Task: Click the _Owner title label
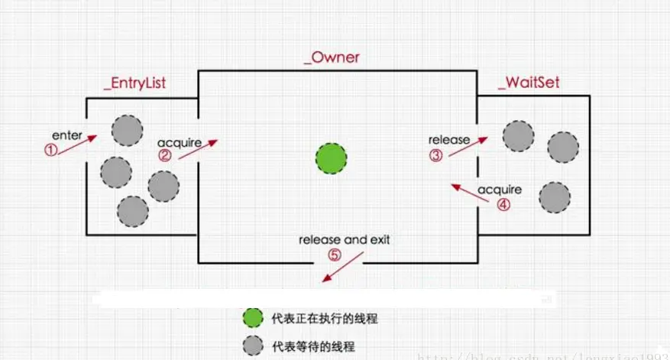tap(331, 58)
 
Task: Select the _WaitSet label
tap(528, 83)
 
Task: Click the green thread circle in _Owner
tap(331, 158)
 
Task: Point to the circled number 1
tap(50, 151)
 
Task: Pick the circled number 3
tap(435, 155)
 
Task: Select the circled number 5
tap(334, 255)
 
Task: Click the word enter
tap(67, 135)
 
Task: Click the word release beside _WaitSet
tap(448, 140)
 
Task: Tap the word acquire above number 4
tap(500, 189)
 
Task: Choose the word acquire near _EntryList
tap(179, 143)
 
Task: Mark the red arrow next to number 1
tap(78, 144)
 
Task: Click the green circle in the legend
tap(251, 317)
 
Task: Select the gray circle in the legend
tap(251, 345)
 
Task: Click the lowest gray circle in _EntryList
tap(133, 211)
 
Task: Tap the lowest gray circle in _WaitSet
tap(554, 197)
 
